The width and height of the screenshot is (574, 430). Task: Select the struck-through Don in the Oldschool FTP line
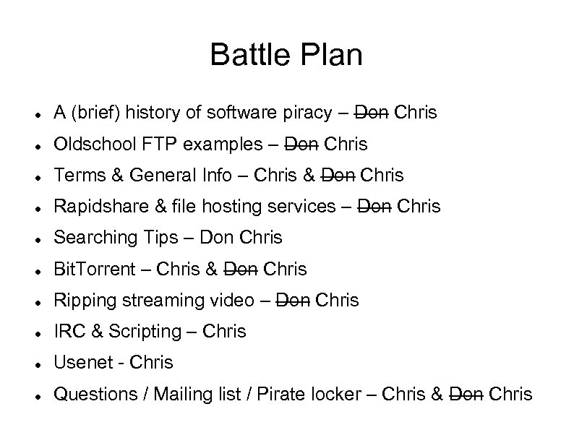pyautogui.click(x=301, y=145)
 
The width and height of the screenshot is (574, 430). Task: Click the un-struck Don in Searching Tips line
pyautogui.click(x=215, y=238)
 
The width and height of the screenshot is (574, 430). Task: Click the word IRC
pyautogui.click(x=69, y=332)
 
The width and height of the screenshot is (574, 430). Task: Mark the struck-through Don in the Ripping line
pyautogui.click(x=294, y=301)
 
